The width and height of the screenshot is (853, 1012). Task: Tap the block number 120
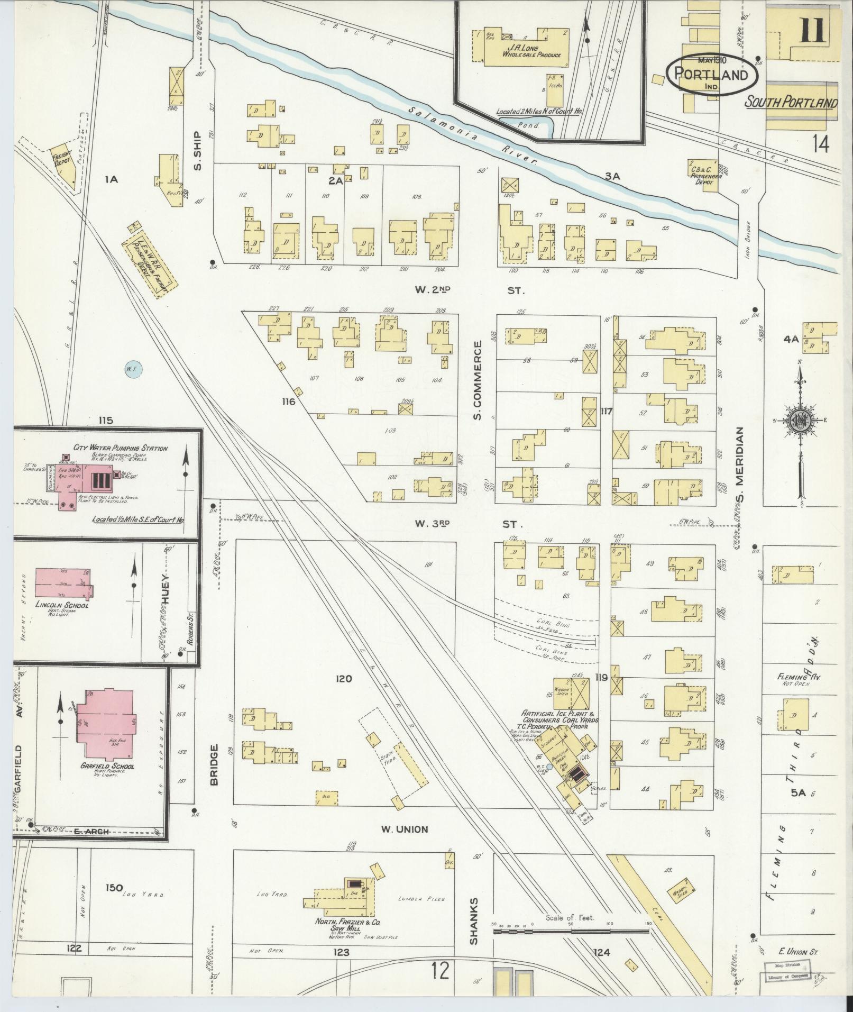[x=343, y=678]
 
